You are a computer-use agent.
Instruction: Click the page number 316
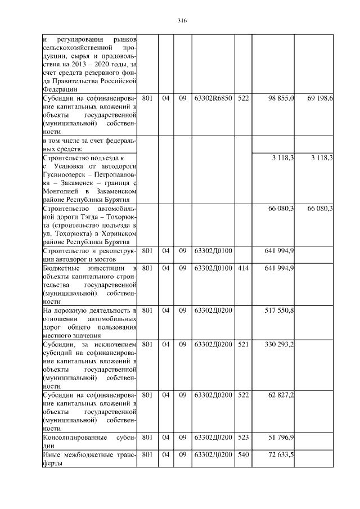pyautogui.click(x=181, y=21)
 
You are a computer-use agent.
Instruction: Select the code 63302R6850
pyautogui.click(x=213, y=98)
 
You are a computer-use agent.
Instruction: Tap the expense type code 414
pyautogui.click(x=243, y=268)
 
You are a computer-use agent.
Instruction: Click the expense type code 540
pyautogui.click(x=243, y=454)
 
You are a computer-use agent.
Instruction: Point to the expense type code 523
pyautogui.click(x=243, y=437)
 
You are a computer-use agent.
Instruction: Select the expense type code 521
pyautogui.click(x=243, y=344)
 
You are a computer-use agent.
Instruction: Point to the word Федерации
pyautogui.click(x=59, y=89)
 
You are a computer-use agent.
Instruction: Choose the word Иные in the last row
pyautogui.click(x=51, y=454)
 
